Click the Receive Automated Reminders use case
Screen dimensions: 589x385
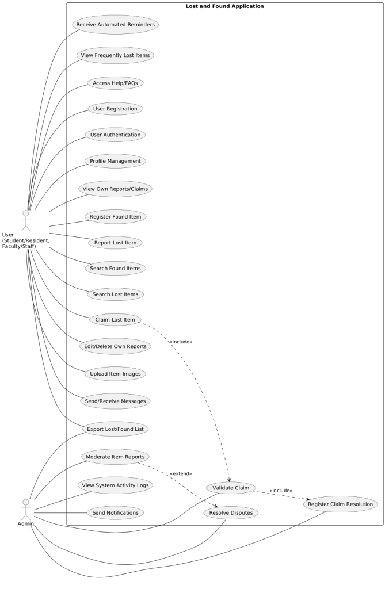(x=115, y=25)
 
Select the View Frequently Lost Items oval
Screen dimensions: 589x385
(x=115, y=56)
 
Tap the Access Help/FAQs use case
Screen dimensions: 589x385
(x=115, y=83)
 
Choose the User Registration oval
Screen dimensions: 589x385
(x=115, y=109)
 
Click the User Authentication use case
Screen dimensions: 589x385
(x=115, y=135)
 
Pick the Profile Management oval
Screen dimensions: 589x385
(x=115, y=161)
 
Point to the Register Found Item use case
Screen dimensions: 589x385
(x=115, y=217)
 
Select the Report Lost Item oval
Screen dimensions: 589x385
(x=115, y=243)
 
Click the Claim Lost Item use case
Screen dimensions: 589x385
(x=115, y=320)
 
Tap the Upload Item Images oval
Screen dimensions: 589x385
(x=115, y=374)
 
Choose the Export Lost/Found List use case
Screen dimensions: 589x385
(x=115, y=429)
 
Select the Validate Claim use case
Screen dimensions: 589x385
(x=230, y=488)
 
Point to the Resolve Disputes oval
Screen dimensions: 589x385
(x=230, y=512)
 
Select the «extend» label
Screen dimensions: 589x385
(x=181, y=474)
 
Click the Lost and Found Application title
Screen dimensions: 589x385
(x=225, y=6)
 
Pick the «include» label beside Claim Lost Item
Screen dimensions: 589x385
(x=181, y=342)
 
